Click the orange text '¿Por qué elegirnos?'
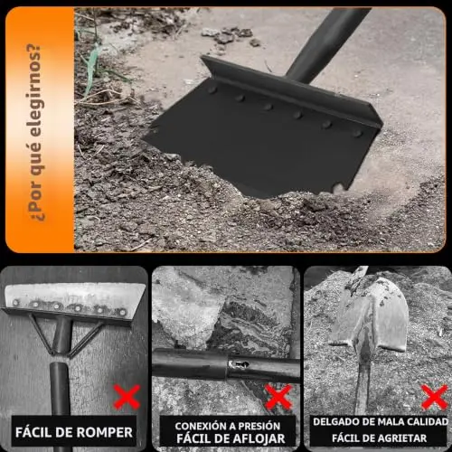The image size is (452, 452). click(x=35, y=133)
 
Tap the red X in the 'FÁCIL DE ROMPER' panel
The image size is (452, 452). click(x=127, y=397)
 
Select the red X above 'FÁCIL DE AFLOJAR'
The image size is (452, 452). click(x=278, y=397)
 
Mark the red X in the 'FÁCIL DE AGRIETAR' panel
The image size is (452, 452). click(x=435, y=397)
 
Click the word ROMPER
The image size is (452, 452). click(x=104, y=432)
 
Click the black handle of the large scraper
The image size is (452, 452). click(x=327, y=43)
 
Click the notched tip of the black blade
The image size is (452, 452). click(x=337, y=188)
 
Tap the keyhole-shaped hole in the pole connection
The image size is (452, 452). click(x=239, y=364)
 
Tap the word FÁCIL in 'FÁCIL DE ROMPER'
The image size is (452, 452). click(x=33, y=432)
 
